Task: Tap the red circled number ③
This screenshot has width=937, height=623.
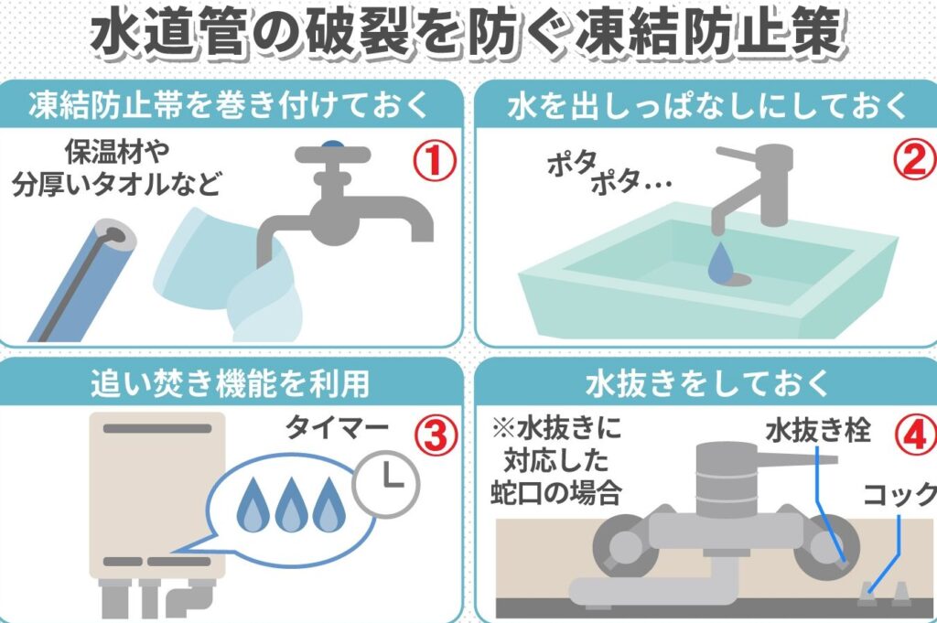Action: (x=436, y=436)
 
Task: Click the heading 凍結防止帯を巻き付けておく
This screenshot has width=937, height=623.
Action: (x=229, y=104)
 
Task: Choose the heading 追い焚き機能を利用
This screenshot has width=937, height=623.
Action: (x=230, y=383)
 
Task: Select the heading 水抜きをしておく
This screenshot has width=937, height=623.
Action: (x=707, y=383)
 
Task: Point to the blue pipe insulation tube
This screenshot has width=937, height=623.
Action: (x=82, y=281)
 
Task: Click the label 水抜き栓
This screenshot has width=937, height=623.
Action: (x=818, y=430)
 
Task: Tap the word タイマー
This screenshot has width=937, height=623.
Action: (x=337, y=427)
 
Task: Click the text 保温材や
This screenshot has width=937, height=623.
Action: (x=117, y=152)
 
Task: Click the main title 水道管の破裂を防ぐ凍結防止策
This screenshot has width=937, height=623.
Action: (x=468, y=35)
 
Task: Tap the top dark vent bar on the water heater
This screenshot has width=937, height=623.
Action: (x=157, y=428)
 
